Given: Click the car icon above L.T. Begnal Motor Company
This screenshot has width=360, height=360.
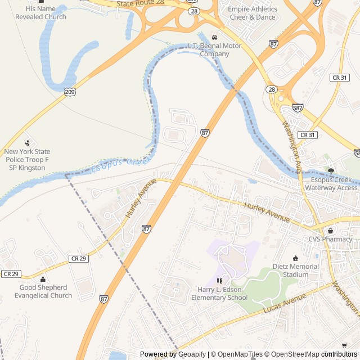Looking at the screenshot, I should point(214,37).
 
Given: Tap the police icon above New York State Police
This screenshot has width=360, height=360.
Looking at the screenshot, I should point(27,143).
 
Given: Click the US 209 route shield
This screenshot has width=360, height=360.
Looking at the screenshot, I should point(70,91).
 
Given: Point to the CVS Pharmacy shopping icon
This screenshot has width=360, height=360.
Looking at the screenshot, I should point(330,231).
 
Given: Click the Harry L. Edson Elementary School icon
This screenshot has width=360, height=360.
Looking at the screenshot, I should point(219,280).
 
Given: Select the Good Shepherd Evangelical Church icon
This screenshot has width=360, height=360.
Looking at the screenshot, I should point(43,279).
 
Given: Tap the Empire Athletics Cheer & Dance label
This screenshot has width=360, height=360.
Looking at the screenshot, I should point(253,13).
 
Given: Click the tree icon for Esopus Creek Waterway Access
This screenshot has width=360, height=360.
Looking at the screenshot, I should point(331,170).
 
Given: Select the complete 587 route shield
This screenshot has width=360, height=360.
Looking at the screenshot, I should point(298,108).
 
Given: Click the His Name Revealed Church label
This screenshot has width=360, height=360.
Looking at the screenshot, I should point(40,13).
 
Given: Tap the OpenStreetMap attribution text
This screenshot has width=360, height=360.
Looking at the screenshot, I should point(292,354).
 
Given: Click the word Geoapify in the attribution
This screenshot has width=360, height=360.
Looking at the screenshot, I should point(193,354).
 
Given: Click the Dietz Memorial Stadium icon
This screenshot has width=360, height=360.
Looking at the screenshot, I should point(296,258).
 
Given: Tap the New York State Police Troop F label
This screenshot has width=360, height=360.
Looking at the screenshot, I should point(27,160).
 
